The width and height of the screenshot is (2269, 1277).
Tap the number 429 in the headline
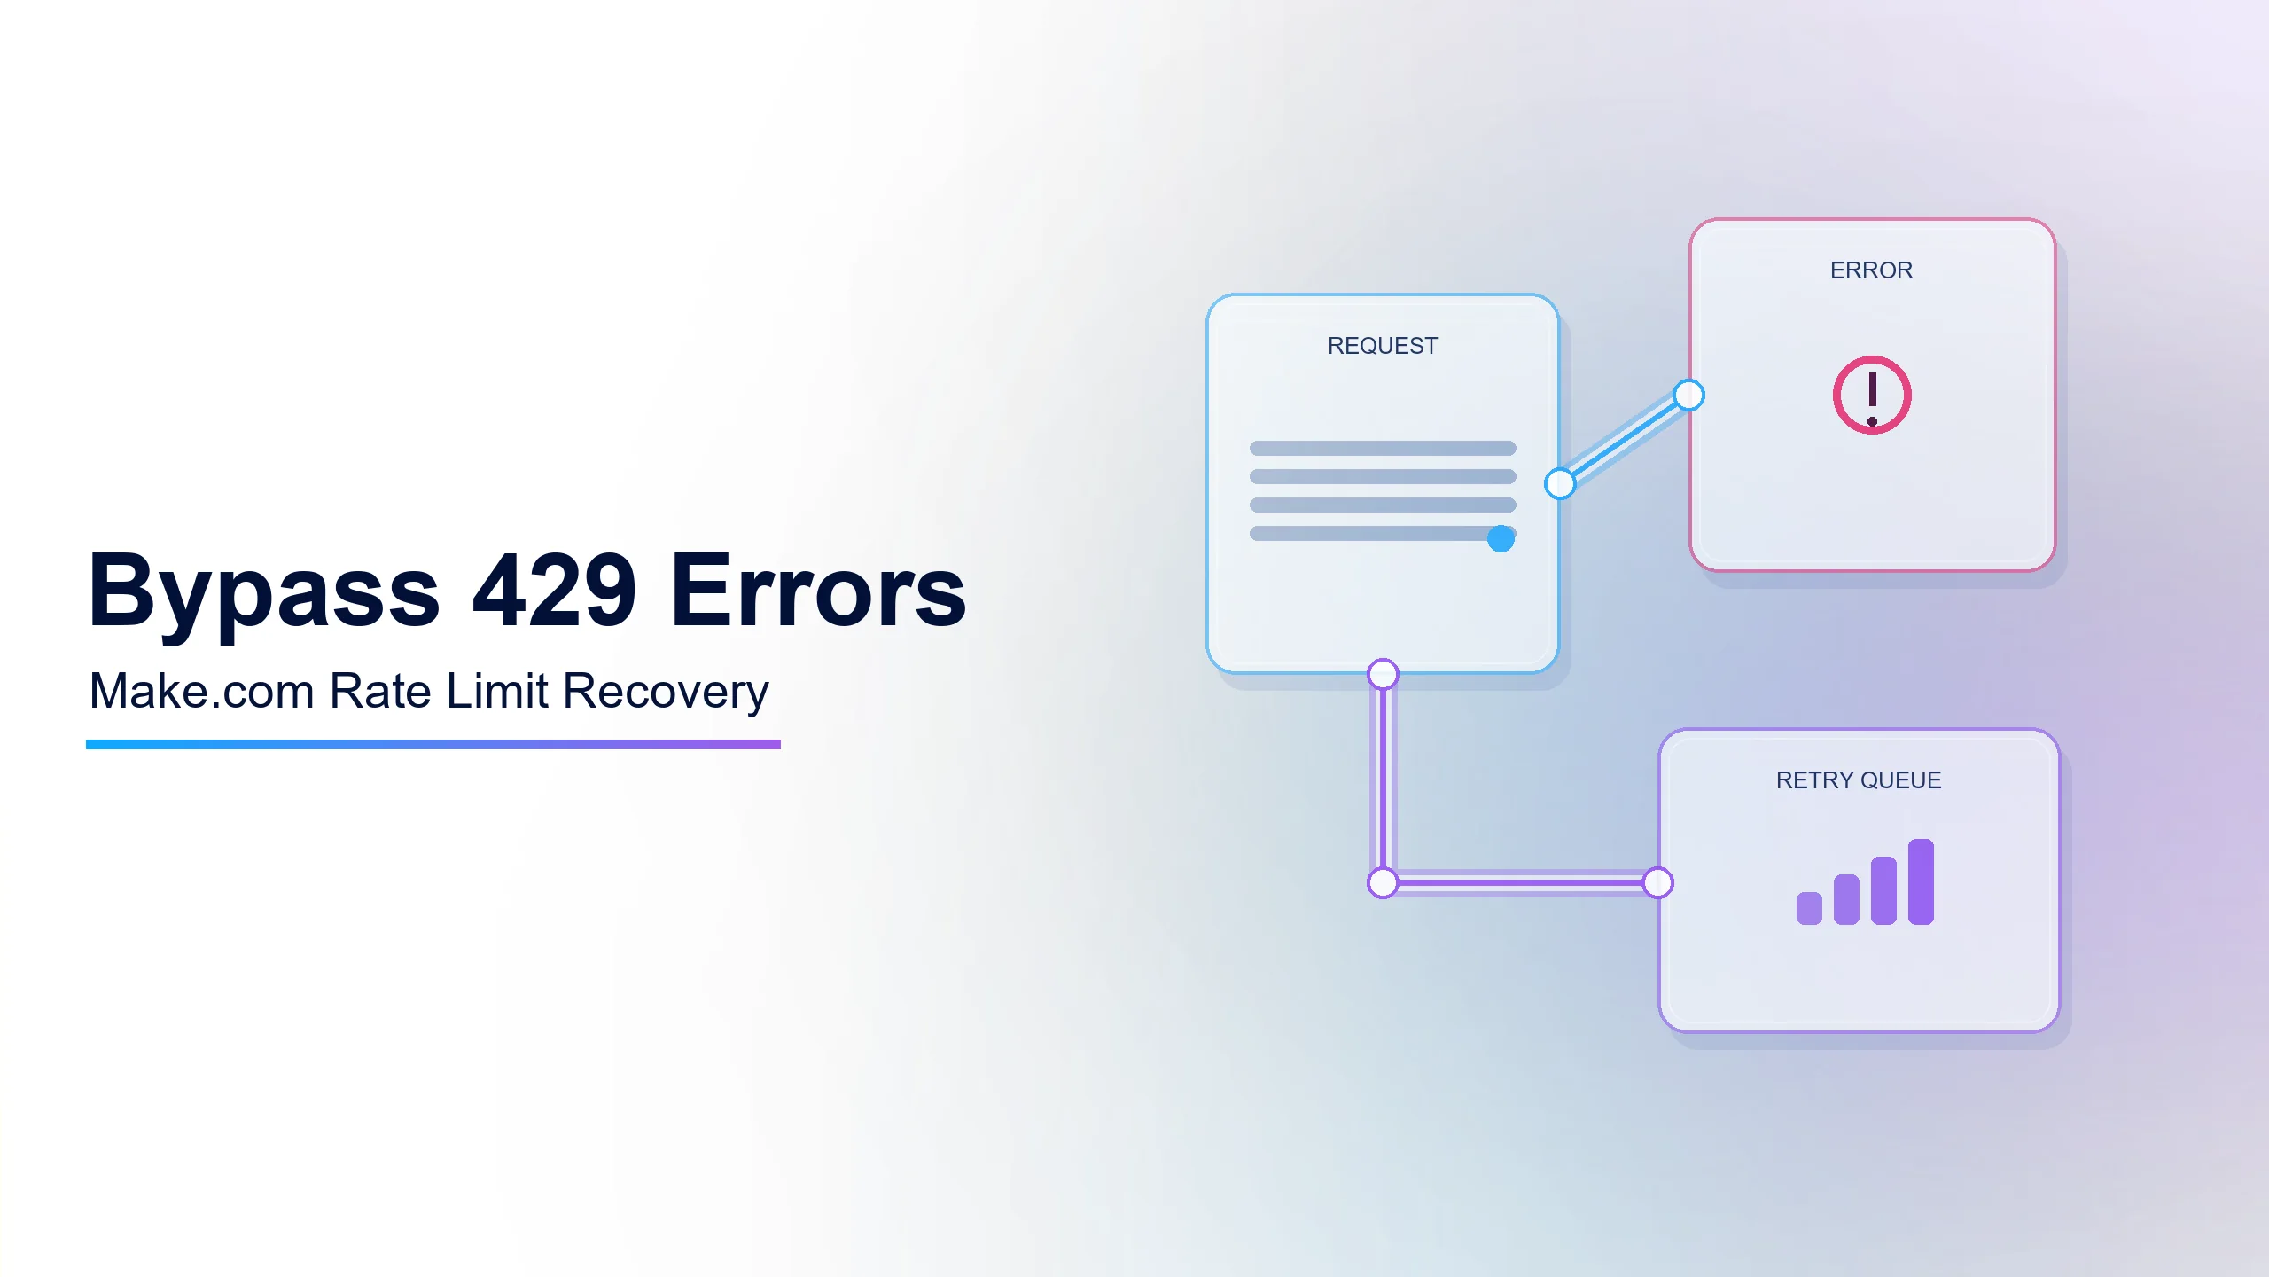pos(555,589)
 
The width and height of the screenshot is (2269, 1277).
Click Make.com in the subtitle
pos(202,691)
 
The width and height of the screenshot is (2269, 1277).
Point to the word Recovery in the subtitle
pos(666,693)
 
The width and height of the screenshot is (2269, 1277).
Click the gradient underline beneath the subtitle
pos(433,745)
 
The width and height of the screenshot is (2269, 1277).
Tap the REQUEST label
pos(1383,346)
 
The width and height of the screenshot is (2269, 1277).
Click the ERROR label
pos(1872,270)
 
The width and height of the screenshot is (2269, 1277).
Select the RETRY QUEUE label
pos(1859,780)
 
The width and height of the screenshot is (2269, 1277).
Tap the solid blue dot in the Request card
pos(1501,538)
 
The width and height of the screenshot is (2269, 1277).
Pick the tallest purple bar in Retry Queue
pos(1921,881)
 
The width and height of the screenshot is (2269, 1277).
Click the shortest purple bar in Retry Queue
pos(1809,908)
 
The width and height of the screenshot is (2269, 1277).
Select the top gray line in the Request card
pos(1383,448)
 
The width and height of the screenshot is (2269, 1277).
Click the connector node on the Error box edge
pos(1689,395)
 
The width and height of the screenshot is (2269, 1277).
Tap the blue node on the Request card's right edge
pos(1560,484)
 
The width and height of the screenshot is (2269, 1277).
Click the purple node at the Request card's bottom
pos(1383,674)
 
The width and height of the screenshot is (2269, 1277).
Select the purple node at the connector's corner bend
pos(1383,883)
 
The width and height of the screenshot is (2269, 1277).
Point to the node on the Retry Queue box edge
pos(1657,883)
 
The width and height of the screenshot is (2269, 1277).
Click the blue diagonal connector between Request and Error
pos(1625,440)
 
